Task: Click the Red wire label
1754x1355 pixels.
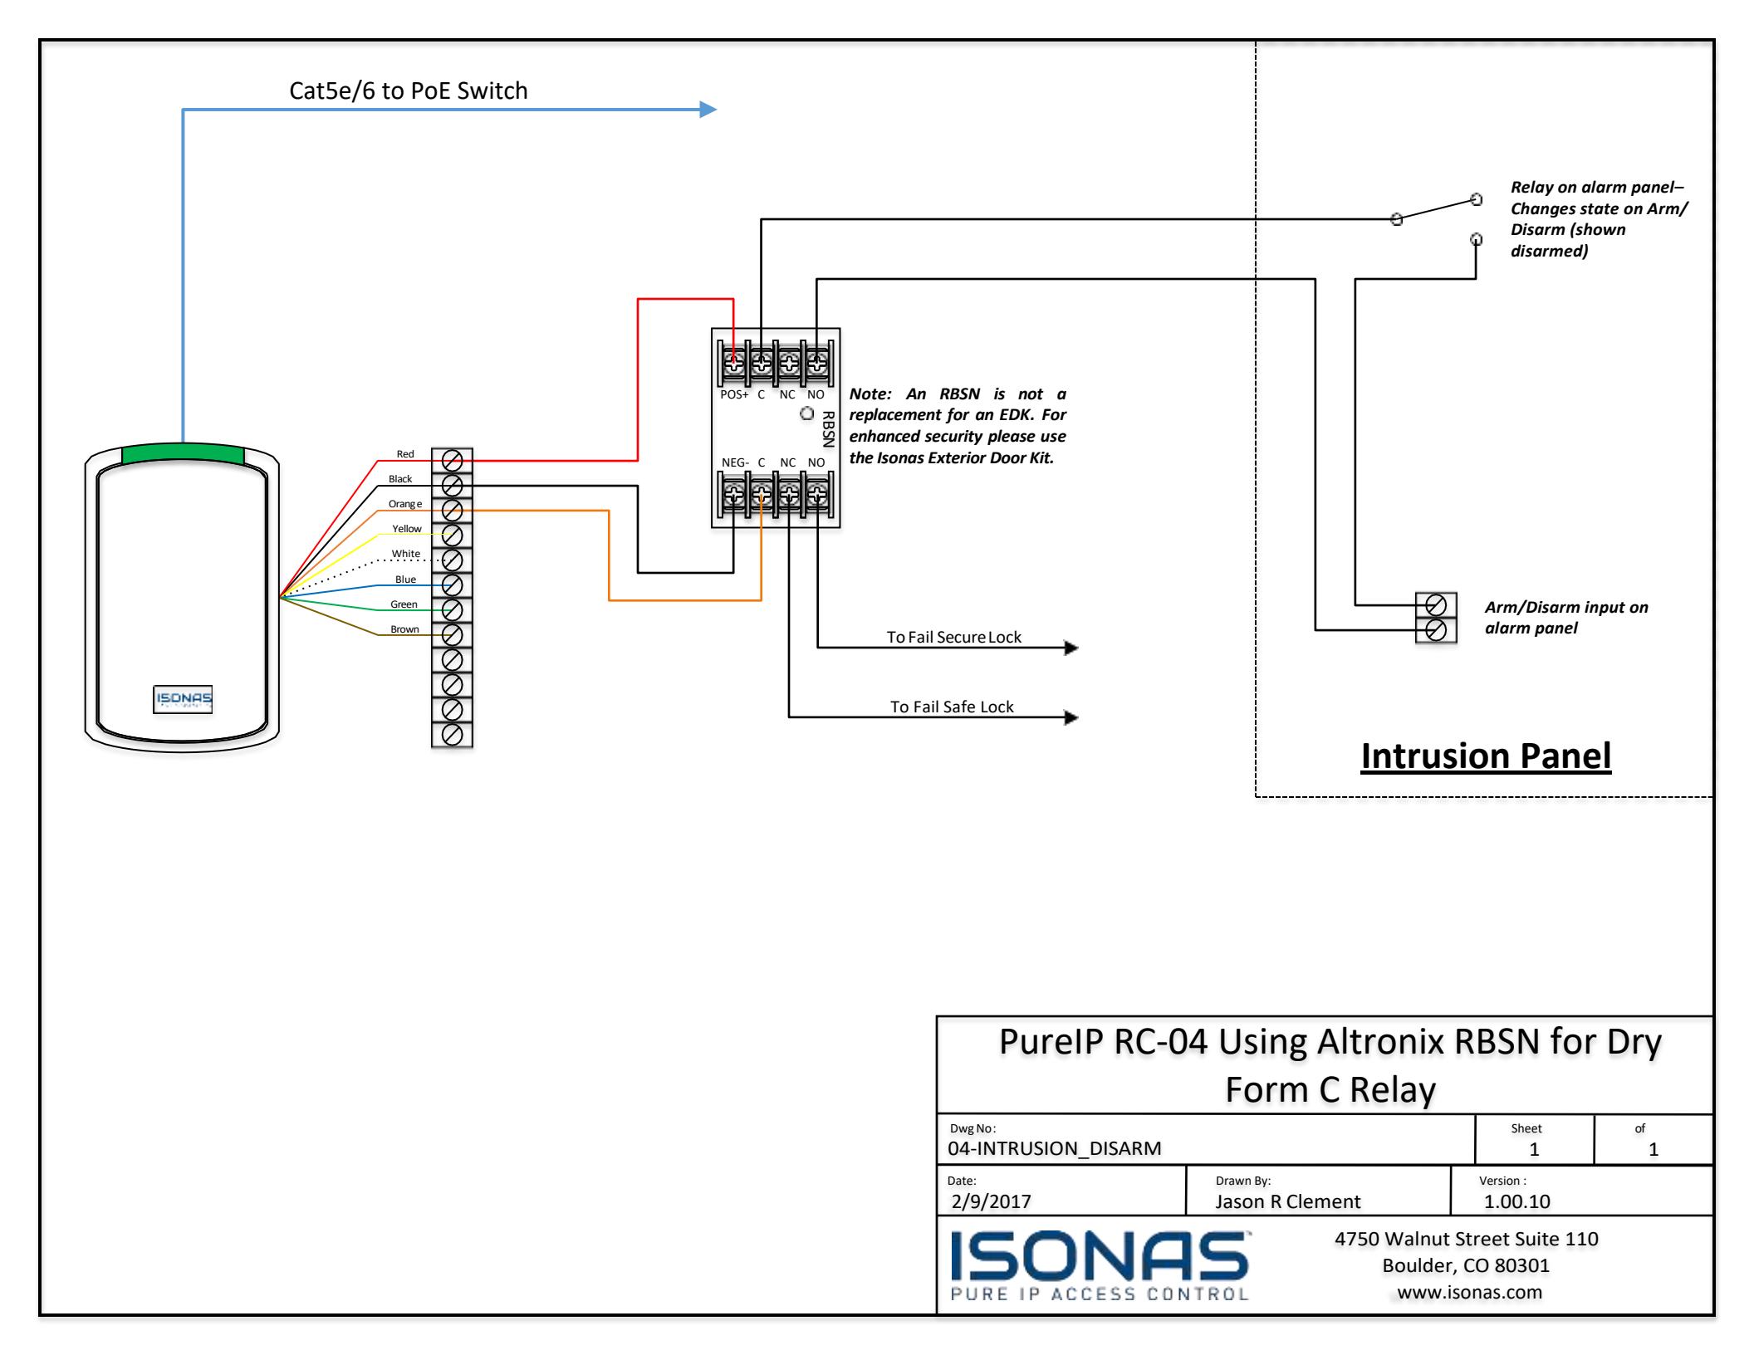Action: [x=405, y=454]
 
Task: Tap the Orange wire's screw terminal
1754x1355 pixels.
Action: [x=453, y=509]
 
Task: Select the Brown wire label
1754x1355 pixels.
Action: [x=405, y=629]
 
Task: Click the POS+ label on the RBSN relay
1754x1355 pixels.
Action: [x=734, y=395]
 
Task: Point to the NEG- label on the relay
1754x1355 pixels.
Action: [x=735, y=462]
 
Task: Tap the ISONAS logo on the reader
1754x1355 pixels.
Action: [x=183, y=699]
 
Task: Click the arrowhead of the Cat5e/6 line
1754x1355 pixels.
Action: [x=708, y=109]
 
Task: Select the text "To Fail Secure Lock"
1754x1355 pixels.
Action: [x=953, y=638]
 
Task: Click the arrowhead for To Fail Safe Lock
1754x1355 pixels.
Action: [x=1071, y=717]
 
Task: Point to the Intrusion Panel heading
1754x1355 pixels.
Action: [x=1486, y=756]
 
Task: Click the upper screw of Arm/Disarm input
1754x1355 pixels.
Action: [x=1436, y=604]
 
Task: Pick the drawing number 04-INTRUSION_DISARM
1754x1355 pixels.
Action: [x=1055, y=1148]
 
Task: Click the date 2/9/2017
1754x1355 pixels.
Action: [x=991, y=1201]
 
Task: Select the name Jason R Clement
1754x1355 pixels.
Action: [x=1288, y=1201]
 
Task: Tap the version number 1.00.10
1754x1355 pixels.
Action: [x=1517, y=1201]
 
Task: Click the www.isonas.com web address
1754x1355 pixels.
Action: [x=1470, y=1292]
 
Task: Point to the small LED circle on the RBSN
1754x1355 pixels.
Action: [x=806, y=413]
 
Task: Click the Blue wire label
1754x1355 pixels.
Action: [x=405, y=580]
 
